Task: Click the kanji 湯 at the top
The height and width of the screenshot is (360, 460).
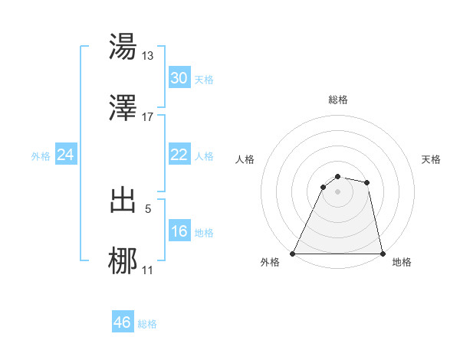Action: coord(123,47)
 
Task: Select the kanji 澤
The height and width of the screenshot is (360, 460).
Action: coord(123,109)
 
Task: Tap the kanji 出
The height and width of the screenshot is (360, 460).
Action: coord(123,201)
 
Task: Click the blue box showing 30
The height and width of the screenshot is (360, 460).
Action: coord(179,77)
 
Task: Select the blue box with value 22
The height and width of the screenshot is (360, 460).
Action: coord(179,155)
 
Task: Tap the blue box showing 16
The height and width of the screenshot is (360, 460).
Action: coord(179,231)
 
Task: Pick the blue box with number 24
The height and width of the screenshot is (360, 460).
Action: coord(65,155)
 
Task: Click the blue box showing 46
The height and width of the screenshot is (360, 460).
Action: coord(122,322)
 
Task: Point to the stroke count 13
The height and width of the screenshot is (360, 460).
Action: coord(148,55)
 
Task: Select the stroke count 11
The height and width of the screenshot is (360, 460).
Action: coord(148,270)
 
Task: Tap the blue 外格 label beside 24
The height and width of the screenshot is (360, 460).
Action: coord(41,156)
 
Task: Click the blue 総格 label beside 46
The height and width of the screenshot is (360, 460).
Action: coord(147,324)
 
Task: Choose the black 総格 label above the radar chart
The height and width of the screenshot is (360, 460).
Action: coord(337,100)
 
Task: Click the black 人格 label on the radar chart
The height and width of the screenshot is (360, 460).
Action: coord(245,159)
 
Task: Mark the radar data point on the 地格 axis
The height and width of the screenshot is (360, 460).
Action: coord(382,254)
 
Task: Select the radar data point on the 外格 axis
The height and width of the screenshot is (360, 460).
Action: coord(293,254)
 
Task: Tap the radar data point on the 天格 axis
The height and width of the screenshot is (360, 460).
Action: coord(367,182)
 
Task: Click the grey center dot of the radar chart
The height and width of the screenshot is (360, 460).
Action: coord(337,191)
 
